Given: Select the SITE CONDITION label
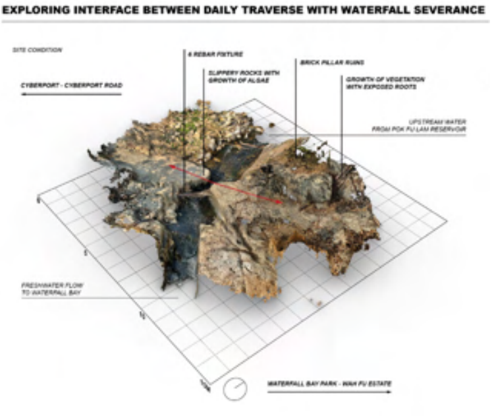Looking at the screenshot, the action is pyautogui.click(x=37, y=50).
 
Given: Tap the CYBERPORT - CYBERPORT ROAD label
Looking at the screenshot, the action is pyautogui.click(x=71, y=85).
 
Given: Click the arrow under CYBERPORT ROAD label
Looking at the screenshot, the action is pyautogui.click(x=71, y=95).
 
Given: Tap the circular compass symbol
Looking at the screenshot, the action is pyautogui.click(x=234, y=389).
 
